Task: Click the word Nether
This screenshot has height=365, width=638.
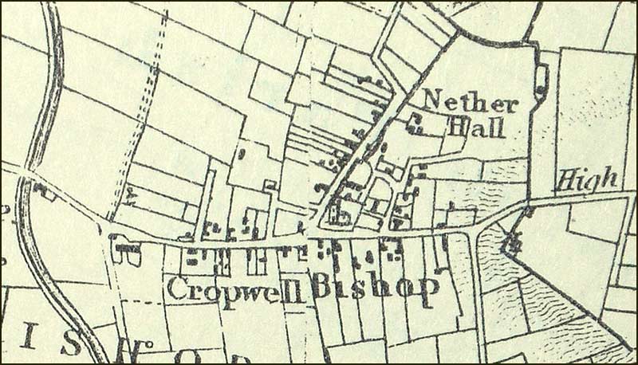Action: pos(471,102)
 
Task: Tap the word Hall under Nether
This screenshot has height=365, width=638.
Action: pos(476,127)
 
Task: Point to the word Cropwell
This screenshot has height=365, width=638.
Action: pos(236,290)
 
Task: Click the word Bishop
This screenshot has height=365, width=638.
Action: pos(374,288)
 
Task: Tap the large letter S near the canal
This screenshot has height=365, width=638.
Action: pos(71,343)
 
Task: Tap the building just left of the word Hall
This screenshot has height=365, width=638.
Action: pos(415,122)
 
